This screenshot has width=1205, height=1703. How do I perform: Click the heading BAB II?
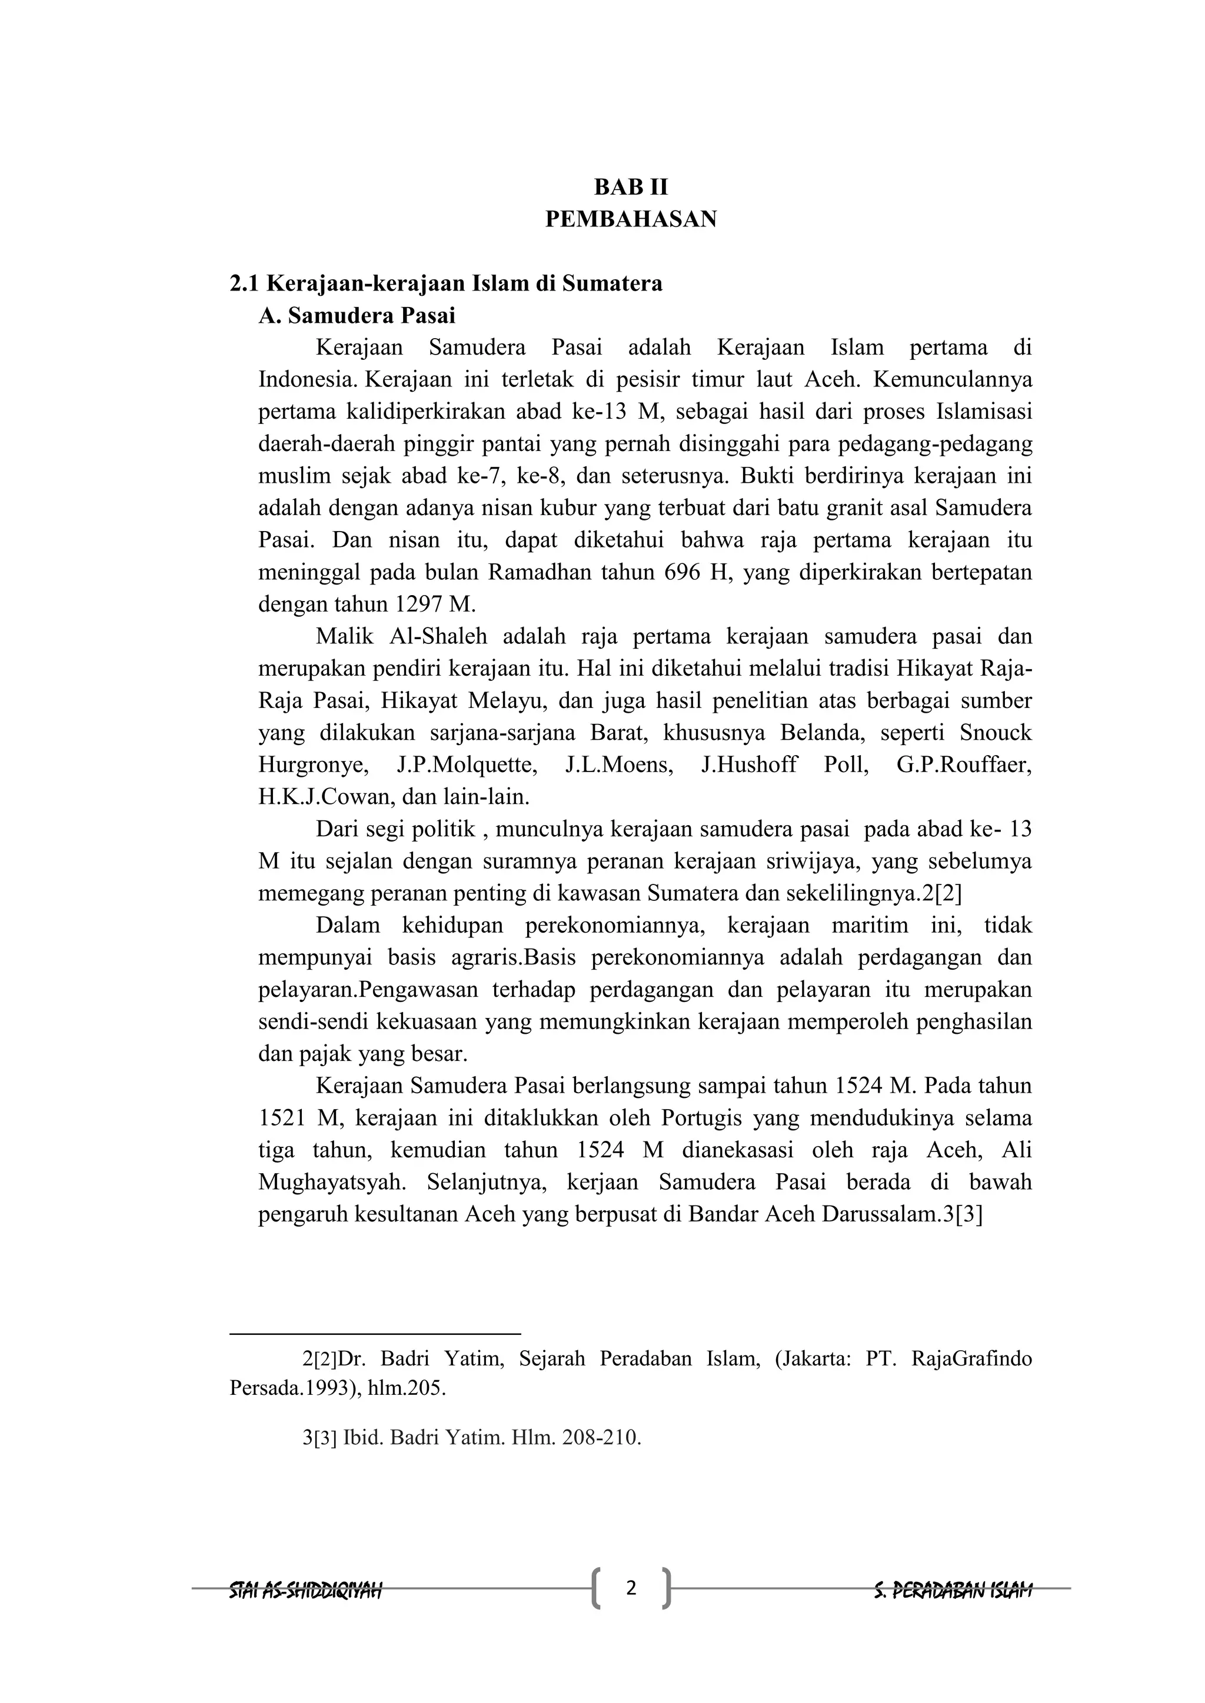(631, 186)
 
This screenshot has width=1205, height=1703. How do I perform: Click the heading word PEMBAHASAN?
(631, 219)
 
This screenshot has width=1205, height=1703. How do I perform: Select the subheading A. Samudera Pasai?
(357, 315)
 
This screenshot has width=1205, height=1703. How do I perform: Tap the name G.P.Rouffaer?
(964, 764)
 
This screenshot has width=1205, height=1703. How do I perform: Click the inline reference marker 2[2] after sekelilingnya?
(941, 894)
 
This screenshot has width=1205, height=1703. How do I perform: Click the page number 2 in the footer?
(631, 1588)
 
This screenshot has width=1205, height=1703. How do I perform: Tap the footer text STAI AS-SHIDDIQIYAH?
(306, 1590)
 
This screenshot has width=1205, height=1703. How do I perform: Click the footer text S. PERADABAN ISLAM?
(953, 1590)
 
